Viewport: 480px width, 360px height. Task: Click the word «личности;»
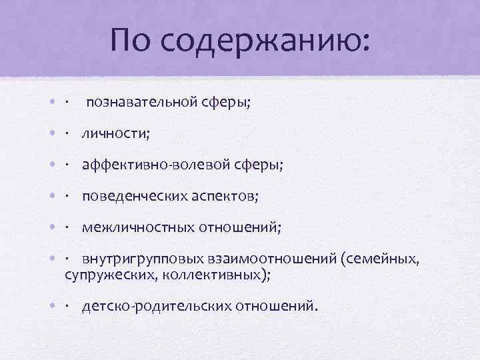pyautogui.click(x=116, y=134)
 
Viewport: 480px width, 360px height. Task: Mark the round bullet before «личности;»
pyautogui.click(x=52, y=134)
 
